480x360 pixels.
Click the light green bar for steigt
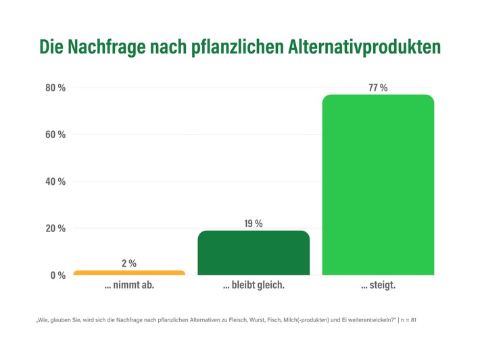point(378,185)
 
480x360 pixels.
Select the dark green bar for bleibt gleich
point(254,253)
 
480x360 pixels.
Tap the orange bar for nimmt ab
point(129,273)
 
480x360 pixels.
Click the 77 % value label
point(378,88)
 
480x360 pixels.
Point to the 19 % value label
point(254,223)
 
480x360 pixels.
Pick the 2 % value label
point(129,263)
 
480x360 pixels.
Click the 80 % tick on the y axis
point(55,88)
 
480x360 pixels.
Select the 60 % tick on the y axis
point(55,135)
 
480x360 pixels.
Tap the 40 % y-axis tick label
point(55,181)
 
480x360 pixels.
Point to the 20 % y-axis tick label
point(55,228)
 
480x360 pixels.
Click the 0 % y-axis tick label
point(57,275)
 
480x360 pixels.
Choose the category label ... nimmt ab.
point(129,286)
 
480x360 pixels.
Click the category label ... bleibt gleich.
point(254,286)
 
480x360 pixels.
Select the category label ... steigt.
point(378,286)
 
